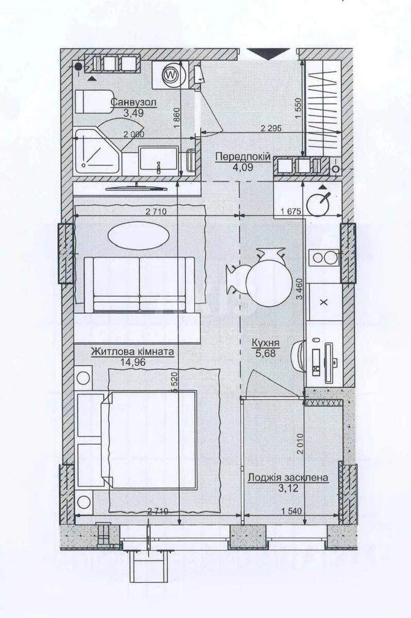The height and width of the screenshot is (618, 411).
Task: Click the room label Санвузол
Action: (x=133, y=102)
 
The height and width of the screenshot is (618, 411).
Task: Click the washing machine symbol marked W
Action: (x=169, y=75)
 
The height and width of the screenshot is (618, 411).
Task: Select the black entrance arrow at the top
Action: (x=268, y=54)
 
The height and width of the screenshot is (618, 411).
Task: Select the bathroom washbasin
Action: (x=159, y=161)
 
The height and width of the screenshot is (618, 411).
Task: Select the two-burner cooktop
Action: (x=323, y=257)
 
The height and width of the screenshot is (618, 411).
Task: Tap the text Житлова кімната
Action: (x=132, y=352)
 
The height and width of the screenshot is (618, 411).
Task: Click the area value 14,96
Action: (x=132, y=362)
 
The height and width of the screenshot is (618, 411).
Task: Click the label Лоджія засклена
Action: (x=287, y=477)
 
